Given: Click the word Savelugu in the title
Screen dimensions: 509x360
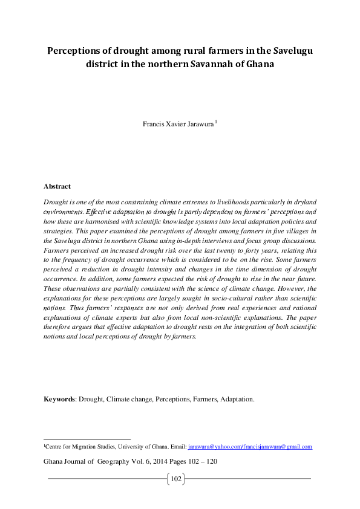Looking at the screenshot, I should tap(289, 50).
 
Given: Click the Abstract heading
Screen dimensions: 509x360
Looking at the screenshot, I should tap(57, 186).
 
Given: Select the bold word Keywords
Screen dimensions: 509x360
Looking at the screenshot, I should tap(59, 399).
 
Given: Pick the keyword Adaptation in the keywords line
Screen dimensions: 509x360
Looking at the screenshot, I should tap(237, 399).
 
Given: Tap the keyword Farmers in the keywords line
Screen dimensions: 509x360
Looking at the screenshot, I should tap(203, 399).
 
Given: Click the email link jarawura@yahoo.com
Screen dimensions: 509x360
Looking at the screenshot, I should tap(212, 447).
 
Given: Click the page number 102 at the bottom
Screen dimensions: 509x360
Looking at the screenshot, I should tap(176, 479).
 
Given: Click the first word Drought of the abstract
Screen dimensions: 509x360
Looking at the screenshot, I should tap(56, 200).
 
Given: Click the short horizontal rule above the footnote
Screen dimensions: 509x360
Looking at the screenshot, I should tap(87, 439).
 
